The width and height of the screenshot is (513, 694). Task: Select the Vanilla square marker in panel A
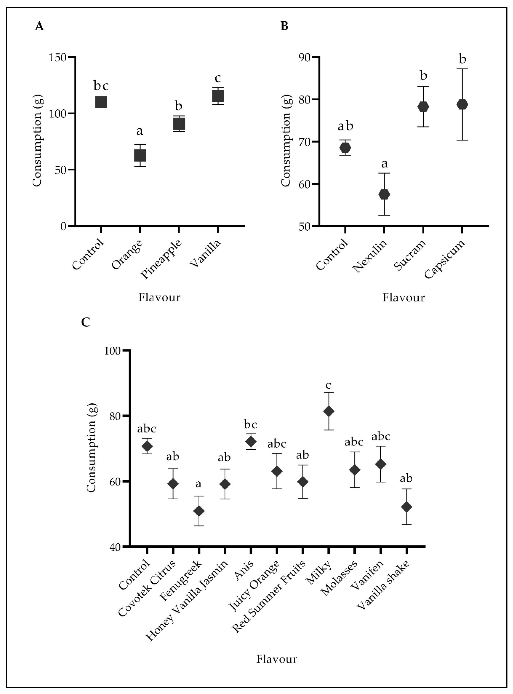tap(218, 96)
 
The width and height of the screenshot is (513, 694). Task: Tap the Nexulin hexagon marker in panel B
tap(384, 194)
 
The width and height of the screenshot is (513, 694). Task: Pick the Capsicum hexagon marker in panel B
tap(462, 104)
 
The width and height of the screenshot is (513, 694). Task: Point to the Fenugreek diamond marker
tap(199, 511)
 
